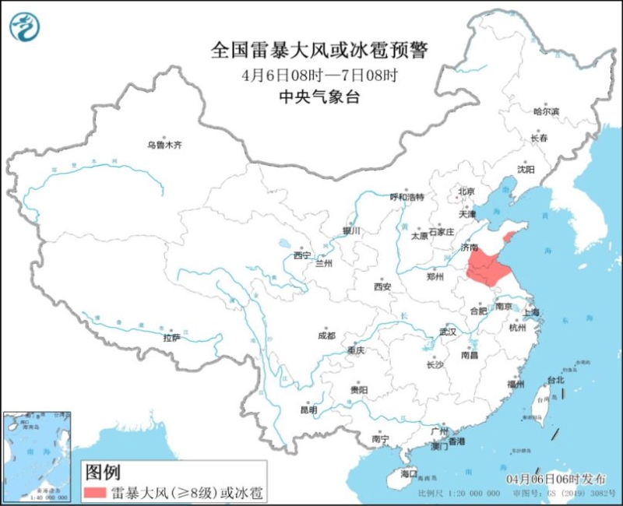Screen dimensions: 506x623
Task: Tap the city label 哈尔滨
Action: (546, 112)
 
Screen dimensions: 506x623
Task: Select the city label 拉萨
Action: (171, 337)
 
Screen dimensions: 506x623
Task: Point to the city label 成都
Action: (326, 336)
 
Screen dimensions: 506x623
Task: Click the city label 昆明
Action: (308, 409)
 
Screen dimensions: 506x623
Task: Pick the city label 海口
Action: (409, 473)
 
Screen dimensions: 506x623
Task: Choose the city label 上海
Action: (532, 312)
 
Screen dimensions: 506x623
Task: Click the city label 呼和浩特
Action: (407, 197)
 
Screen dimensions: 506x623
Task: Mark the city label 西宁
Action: (302, 255)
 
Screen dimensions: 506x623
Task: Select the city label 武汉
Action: (447, 332)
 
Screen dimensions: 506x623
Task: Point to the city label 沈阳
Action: (526, 169)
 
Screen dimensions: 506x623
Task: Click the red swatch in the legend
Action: (95, 492)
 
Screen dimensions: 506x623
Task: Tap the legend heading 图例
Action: (104, 472)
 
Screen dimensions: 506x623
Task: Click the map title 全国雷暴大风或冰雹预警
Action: (319, 51)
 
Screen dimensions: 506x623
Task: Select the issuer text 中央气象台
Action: (319, 97)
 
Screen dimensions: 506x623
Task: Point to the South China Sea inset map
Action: (37, 448)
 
